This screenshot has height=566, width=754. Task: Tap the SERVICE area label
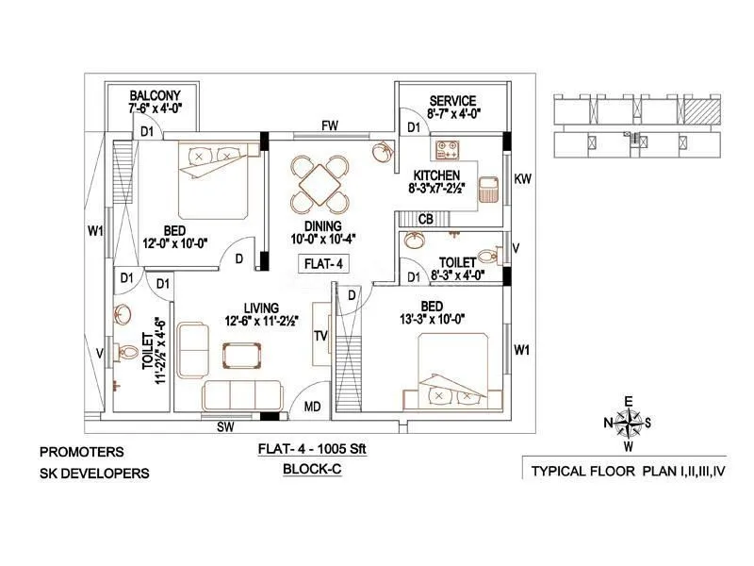[452, 101]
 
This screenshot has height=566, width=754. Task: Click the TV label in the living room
[320, 335]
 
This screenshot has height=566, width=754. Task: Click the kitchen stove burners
[446, 150]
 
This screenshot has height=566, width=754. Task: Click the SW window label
[226, 427]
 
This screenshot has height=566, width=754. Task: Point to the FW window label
[329, 125]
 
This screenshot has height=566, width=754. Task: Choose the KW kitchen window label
[523, 178]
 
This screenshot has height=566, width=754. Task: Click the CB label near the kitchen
[426, 219]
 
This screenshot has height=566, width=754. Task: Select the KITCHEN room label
[435, 175]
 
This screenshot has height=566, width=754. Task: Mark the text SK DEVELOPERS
[94, 473]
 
